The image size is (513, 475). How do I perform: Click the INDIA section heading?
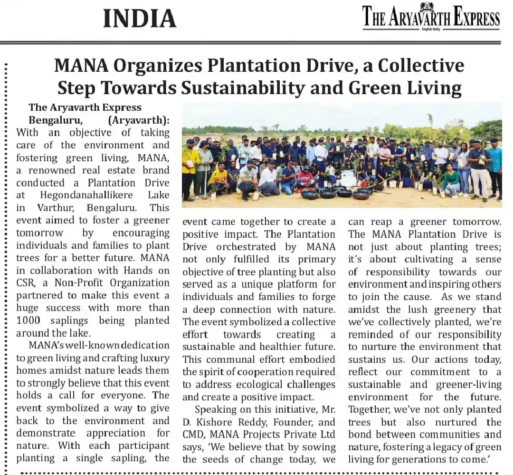coord(140,19)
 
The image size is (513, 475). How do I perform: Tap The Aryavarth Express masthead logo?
coord(431,17)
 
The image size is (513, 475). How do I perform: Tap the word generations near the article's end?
coord(422,459)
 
